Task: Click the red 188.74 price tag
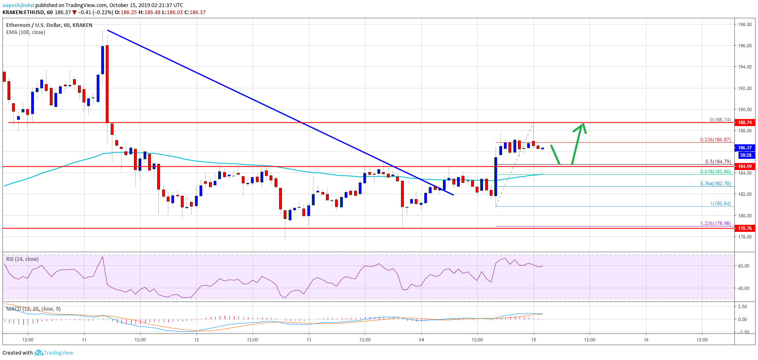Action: [x=745, y=122]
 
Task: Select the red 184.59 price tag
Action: [x=745, y=166]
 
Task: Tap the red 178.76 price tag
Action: [x=745, y=228]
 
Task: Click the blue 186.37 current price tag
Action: [x=745, y=148]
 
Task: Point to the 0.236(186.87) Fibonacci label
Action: [x=715, y=140]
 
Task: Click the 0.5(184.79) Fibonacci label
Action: [x=718, y=162]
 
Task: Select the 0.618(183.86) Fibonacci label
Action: [x=715, y=172]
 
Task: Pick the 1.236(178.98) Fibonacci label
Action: [x=715, y=224]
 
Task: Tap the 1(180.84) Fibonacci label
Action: [x=720, y=204]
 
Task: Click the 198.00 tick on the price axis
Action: [x=745, y=24]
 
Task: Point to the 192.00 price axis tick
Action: [x=745, y=88]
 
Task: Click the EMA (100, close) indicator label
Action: [x=26, y=32]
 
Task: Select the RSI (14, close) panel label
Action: [x=22, y=259]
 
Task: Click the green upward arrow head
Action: [x=583, y=126]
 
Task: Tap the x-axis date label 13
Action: [x=309, y=340]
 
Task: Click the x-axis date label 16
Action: [x=646, y=340]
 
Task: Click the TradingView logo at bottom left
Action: [x=54, y=353]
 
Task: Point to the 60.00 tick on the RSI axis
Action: [x=743, y=266]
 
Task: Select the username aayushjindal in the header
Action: [x=18, y=5]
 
